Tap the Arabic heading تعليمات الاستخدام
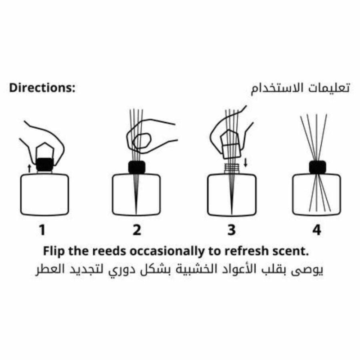tap(300, 88)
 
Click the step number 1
tap(42, 230)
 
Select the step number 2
tap(137, 230)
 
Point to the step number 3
tap(231, 230)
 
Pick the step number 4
tap(317, 230)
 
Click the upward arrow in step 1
tap(29, 168)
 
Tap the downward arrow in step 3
tap(245, 163)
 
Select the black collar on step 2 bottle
tap(137, 167)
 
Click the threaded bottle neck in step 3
tap(231, 168)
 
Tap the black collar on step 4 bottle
tap(318, 167)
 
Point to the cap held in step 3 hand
tap(230, 144)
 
